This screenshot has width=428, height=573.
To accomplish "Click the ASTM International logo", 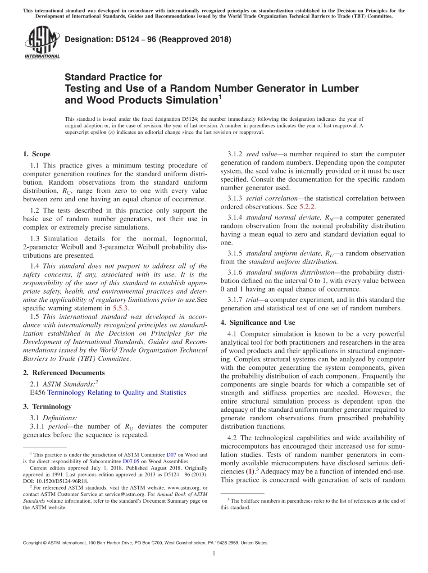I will pyautogui.click(x=42, y=43).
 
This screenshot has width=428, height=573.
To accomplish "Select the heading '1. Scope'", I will pyautogui.click(x=36, y=154).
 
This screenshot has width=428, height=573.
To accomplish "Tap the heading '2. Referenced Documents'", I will pyautogui.click(x=64, y=373).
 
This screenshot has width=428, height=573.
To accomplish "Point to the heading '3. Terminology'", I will pyautogui.click(x=47, y=406).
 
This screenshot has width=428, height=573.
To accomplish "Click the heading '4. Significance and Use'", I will pyautogui.click(x=258, y=323).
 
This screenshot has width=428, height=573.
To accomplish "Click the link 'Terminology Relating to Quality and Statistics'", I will pyautogui.click(x=117, y=392).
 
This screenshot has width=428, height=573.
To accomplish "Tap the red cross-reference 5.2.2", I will pyautogui.click(x=307, y=207).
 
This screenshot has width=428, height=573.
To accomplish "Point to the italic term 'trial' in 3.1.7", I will pyautogui.click(x=252, y=300).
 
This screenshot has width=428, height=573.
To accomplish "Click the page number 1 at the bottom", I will pyautogui.click(x=214, y=554).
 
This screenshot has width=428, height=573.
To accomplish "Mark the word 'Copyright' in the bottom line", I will pyautogui.click(x=33, y=543).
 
